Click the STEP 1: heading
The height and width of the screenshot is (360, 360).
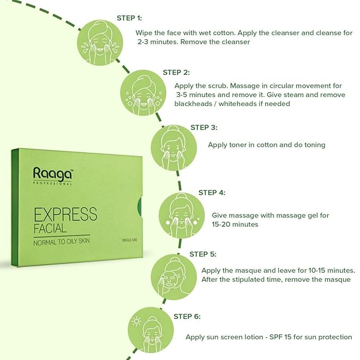(129, 18)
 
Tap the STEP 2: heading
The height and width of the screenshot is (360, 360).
(176, 72)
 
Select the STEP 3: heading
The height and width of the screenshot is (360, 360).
(204, 127)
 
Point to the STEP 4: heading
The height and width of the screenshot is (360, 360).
(212, 192)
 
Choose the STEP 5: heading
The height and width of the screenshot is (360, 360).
(203, 254)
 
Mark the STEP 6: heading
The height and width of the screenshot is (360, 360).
(187, 317)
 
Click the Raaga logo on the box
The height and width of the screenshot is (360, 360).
(52, 174)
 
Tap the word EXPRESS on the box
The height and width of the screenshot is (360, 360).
(65, 214)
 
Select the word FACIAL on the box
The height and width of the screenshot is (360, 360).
(50, 229)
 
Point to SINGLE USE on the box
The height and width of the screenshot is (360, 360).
(131, 240)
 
